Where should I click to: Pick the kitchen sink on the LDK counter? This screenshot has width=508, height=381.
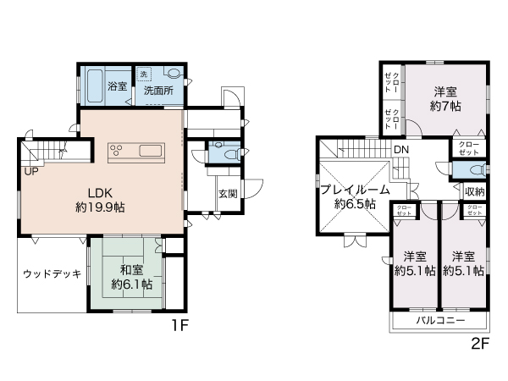(x=153, y=152)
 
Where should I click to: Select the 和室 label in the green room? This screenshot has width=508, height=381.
(x=131, y=269)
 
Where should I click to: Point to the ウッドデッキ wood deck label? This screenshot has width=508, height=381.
(x=51, y=273)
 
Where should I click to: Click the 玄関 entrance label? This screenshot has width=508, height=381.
(x=229, y=193)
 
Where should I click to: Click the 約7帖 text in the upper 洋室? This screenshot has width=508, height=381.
(x=445, y=107)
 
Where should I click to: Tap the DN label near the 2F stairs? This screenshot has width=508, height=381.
(x=400, y=150)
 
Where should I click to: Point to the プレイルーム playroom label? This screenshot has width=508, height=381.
(x=356, y=190)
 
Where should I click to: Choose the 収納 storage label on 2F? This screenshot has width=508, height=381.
(x=474, y=191)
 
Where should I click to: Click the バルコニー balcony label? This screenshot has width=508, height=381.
(x=438, y=322)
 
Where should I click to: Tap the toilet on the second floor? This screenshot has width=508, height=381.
(x=468, y=168)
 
